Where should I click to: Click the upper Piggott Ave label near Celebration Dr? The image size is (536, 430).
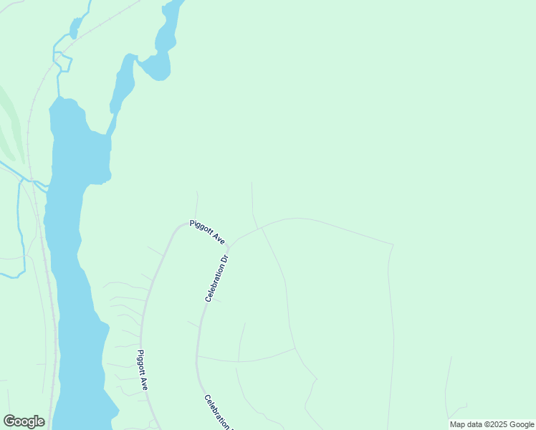(207, 232)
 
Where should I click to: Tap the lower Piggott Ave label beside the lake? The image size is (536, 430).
(143, 369)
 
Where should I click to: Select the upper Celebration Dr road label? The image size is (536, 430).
(216, 277)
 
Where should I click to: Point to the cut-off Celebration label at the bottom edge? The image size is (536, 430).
(217, 413)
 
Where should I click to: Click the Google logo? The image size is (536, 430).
(24, 421)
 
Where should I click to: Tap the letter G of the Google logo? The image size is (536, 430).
(9, 421)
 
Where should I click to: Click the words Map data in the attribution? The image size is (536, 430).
(465, 424)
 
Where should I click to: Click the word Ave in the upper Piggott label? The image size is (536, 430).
(218, 239)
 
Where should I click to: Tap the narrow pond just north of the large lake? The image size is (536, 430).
(123, 82)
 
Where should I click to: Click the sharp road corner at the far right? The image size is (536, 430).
(393, 244)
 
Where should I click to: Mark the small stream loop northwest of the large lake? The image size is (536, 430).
(62, 62)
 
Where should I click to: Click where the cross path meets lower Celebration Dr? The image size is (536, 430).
(198, 355)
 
